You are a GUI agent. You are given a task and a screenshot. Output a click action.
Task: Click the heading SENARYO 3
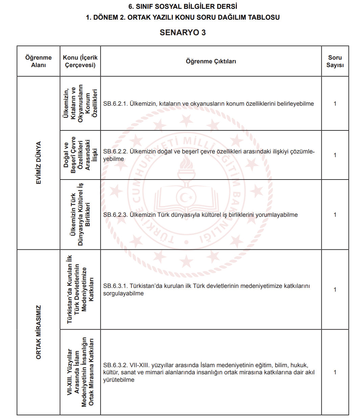tap(183, 33)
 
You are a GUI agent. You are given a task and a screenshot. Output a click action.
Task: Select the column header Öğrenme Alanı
tap(39, 61)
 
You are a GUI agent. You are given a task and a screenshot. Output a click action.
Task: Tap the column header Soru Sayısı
tap(335, 61)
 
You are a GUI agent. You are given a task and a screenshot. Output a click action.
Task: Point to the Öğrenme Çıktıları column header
tap(211, 61)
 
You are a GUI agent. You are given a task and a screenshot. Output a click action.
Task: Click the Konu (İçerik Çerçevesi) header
tap(80, 61)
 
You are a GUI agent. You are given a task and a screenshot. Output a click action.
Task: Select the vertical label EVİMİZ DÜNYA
tap(39, 163)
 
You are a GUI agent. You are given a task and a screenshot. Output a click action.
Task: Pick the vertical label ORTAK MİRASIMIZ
tap(39, 332)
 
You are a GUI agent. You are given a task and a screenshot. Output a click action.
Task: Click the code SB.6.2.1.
tap(115, 104)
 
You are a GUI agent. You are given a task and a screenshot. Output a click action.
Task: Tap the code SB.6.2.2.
tap(115, 151)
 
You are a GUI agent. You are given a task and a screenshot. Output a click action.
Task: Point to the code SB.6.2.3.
tap(115, 215)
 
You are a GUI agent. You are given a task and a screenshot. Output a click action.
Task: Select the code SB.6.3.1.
tap(115, 286)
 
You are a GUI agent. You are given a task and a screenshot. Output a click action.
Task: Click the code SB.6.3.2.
tap(115, 365)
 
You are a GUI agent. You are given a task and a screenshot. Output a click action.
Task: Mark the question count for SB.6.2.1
tap(335, 104)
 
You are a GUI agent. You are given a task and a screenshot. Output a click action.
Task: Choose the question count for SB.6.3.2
tap(335, 372)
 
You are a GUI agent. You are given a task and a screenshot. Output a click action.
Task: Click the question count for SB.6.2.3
tap(335, 215)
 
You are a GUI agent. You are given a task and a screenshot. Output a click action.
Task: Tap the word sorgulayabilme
tap(123, 293)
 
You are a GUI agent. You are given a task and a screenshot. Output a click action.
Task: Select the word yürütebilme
tap(119, 380)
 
